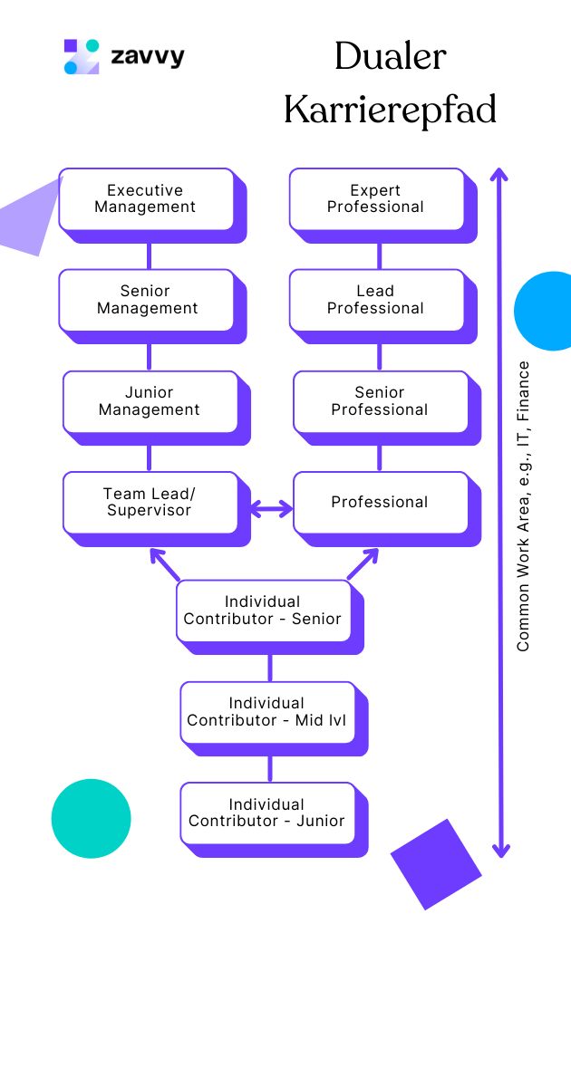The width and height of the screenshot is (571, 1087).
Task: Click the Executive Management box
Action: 146,199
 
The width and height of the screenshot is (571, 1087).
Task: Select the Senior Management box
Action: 146,300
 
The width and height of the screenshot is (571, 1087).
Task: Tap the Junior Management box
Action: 150,401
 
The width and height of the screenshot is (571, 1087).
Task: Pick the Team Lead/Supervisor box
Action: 150,502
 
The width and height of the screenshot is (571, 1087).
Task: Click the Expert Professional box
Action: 376,199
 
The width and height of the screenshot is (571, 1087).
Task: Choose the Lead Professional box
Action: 376,300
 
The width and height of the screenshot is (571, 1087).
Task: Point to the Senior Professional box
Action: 380,401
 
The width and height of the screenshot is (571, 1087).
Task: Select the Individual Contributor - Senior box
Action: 263,611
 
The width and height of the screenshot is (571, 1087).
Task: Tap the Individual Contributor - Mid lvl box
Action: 266,712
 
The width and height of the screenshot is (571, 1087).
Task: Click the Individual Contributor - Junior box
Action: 266,813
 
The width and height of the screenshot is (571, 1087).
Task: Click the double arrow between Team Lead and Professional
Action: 270,509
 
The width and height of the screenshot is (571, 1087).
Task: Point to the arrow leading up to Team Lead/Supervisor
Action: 164,563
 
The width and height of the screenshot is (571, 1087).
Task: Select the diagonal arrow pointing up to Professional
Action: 363,563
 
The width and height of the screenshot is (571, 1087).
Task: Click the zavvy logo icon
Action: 82,56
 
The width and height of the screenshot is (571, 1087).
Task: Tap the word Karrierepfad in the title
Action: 390,111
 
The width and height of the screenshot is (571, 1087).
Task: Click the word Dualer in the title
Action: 390,57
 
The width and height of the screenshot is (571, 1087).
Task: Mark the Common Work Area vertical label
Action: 523,506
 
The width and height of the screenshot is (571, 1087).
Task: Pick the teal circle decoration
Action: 91,818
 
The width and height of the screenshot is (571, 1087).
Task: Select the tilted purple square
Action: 436,864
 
